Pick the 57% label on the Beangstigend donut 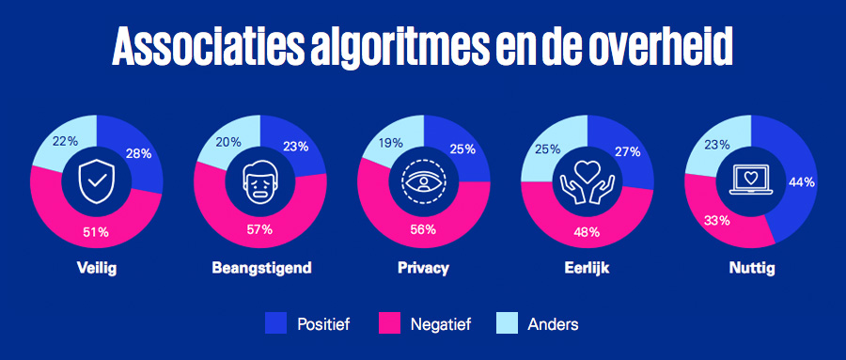(x=260, y=230)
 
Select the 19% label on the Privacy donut (x=390, y=144)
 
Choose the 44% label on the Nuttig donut (x=801, y=182)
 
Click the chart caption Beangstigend (x=260, y=268)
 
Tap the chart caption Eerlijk (x=586, y=268)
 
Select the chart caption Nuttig (x=748, y=268)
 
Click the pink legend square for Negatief (x=389, y=324)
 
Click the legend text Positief (x=322, y=324)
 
